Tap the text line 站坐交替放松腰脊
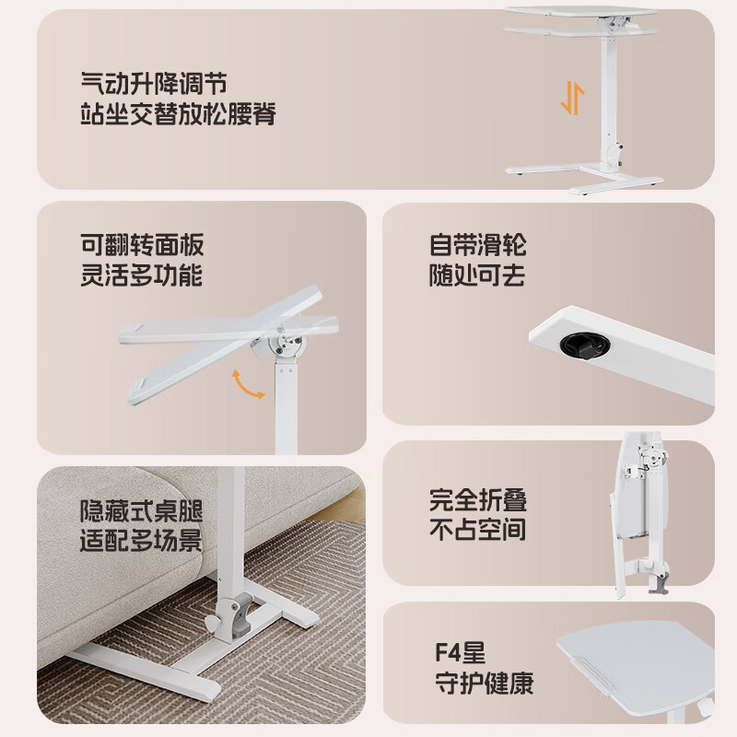pyautogui.click(x=178, y=116)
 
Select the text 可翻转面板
pyautogui.click(x=141, y=246)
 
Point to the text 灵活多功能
pyautogui.click(x=141, y=275)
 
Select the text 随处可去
pyautogui.click(x=477, y=275)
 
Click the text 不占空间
pyautogui.click(x=477, y=530)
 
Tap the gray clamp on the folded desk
pyautogui.click(x=659, y=584)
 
